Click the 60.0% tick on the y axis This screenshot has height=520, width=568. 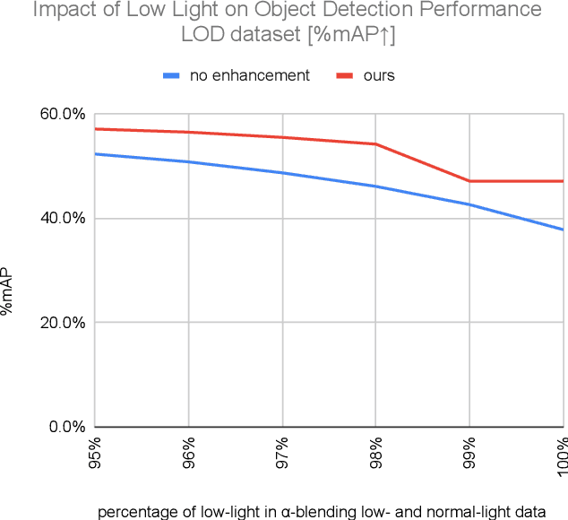tap(64, 114)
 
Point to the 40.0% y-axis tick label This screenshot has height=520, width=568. tap(64, 218)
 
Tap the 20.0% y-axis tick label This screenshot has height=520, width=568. tap(64, 322)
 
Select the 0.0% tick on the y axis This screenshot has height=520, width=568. tap(67, 426)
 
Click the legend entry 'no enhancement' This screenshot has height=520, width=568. tap(249, 75)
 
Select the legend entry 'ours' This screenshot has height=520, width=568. tap(379, 75)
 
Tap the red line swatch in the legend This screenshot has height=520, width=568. tap(344, 75)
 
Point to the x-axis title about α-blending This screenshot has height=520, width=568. tap(321, 512)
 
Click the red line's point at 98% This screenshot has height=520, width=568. tap(375, 144)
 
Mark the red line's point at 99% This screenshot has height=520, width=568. tap(469, 181)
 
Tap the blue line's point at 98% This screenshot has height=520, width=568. tap(375, 186)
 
